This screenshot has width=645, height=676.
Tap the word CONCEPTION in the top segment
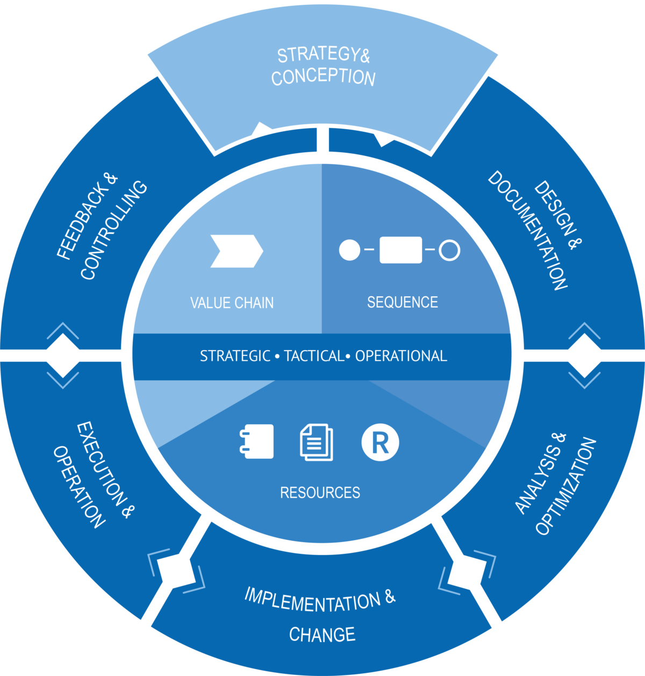tap(323, 77)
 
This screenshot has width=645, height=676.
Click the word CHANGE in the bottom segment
tap(322, 635)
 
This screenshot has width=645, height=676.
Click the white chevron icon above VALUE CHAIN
tap(236, 251)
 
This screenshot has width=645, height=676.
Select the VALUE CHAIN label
tap(232, 303)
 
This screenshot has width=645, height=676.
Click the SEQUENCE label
tap(402, 302)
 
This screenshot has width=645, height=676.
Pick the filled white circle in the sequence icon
tap(349, 250)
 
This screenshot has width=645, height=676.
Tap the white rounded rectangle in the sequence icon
tap(400, 250)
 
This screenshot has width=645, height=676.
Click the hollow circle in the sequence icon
tap(449, 250)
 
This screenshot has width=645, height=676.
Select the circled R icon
tap(380, 443)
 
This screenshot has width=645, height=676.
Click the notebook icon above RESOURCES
tap(257, 442)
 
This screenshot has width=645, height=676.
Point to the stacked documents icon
tap(316, 443)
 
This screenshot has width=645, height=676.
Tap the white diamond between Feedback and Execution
tap(63, 355)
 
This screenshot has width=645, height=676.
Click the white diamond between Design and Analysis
tap(584, 355)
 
